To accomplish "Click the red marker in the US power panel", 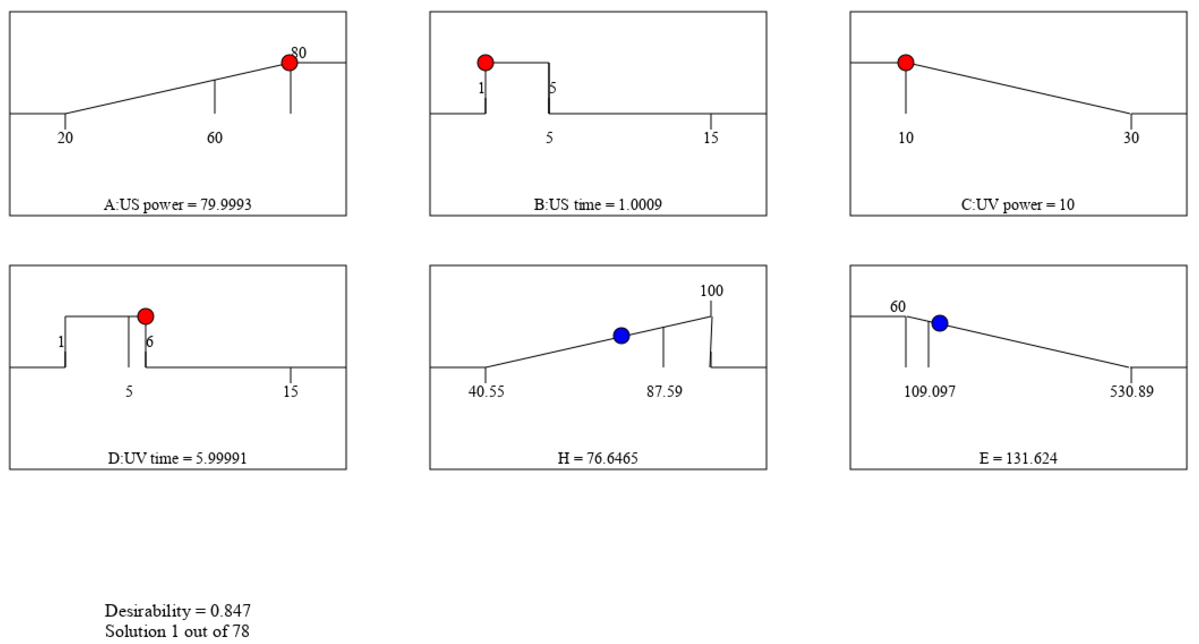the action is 290,62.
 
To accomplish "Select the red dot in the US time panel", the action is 486,62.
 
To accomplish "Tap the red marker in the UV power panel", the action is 906,62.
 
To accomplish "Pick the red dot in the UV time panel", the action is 146,317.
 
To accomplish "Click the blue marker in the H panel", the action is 621,335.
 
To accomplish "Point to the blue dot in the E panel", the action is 940,323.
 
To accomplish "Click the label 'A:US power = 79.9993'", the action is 177,205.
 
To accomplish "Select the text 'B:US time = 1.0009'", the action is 598,205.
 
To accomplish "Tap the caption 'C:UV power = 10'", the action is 1018,205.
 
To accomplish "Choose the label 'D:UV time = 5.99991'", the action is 177,458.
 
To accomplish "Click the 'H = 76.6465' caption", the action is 598,458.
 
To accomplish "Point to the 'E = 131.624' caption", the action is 1018,458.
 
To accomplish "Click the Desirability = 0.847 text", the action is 177,610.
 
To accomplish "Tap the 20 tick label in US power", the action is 65,138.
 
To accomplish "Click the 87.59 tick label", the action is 664,391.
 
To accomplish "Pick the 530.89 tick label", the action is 1132,391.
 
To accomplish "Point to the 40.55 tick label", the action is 486,391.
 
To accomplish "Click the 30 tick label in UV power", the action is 1131,138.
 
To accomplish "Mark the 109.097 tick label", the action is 929,391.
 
